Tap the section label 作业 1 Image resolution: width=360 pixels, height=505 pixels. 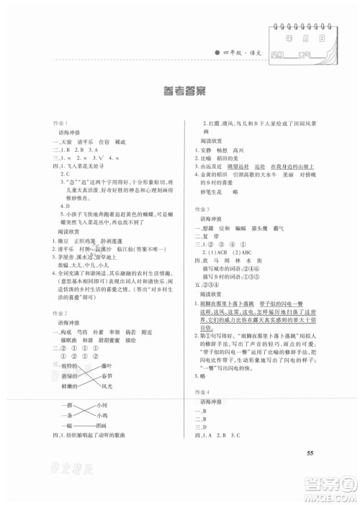[58, 143]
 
